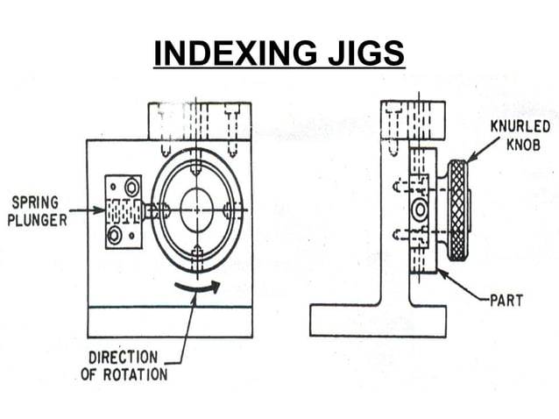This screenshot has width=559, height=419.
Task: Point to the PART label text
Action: pyautogui.click(x=506, y=301)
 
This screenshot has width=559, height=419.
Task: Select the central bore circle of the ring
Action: pyautogui.click(x=195, y=210)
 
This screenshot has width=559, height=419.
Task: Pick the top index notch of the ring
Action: pyautogui.click(x=196, y=164)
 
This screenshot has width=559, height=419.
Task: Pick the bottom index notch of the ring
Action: pyautogui.click(x=196, y=256)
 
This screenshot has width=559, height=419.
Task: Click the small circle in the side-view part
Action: pyautogui.click(x=420, y=211)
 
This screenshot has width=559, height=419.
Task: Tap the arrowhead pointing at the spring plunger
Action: pyautogui.click(x=99, y=211)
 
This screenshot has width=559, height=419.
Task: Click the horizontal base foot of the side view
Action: pyautogui.click(x=379, y=320)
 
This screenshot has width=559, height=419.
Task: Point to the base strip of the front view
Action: pyautogui.click(x=170, y=322)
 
